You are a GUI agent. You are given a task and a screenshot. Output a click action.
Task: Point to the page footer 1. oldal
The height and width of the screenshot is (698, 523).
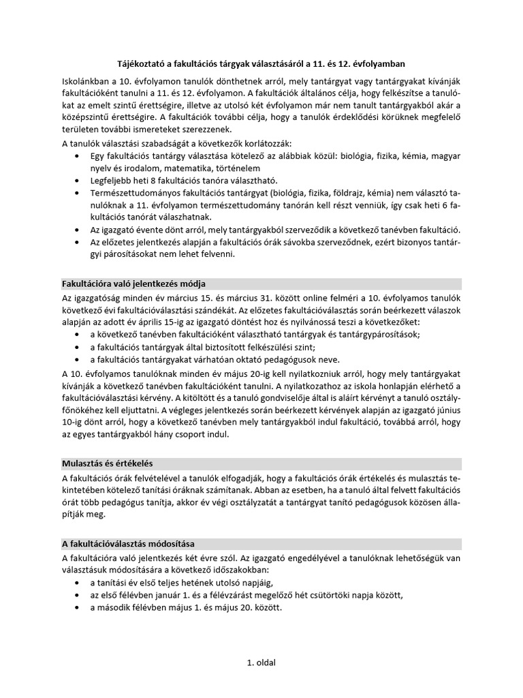(x=261, y=662)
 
